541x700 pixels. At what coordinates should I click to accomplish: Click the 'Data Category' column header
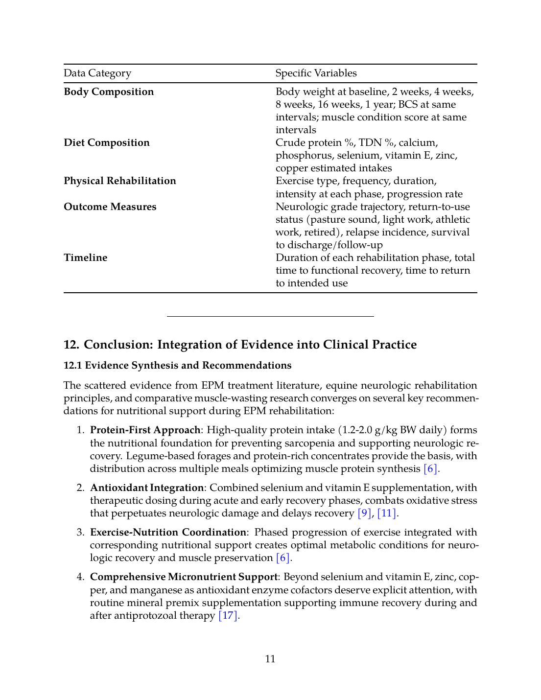point(97,73)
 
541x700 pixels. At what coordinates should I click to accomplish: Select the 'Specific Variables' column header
point(316,73)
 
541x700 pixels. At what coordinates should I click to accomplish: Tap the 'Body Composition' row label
point(109,92)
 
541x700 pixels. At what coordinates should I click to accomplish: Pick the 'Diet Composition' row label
point(107,143)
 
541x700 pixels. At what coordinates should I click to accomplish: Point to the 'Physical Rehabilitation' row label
point(120,181)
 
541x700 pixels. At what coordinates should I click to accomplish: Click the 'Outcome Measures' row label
point(110,207)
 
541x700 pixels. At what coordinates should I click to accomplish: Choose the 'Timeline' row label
point(86,258)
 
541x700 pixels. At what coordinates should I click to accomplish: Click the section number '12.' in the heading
point(71,345)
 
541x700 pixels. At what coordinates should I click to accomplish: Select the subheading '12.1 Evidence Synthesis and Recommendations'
point(177,366)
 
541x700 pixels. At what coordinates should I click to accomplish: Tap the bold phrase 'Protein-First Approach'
point(145,430)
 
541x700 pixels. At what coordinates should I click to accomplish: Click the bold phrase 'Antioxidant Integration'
point(147,488)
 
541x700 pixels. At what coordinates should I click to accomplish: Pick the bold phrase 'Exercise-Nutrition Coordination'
point(168,533)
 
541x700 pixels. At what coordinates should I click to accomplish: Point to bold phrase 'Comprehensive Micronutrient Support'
point(184,577)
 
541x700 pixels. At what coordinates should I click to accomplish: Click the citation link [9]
point(364,513)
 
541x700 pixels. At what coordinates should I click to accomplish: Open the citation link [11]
point(386,513)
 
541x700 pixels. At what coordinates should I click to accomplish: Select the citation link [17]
point(228,616)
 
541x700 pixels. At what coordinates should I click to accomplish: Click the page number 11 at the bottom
point(270,659)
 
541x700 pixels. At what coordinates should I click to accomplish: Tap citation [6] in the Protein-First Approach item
point(430,469)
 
